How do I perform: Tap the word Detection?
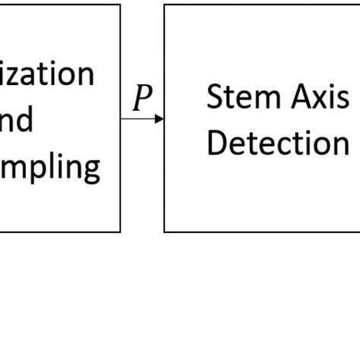click(x=278, y=143)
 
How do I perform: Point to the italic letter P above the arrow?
click(x=141, y=99)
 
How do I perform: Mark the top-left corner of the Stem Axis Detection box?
click(x=165, y=5)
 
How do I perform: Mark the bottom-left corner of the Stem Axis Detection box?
click(x=165, y=231)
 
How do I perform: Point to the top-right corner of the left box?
click(x=120, y=5)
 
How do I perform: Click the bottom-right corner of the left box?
click(x=120, y=231)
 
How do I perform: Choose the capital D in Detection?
click(x=216, y=143)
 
